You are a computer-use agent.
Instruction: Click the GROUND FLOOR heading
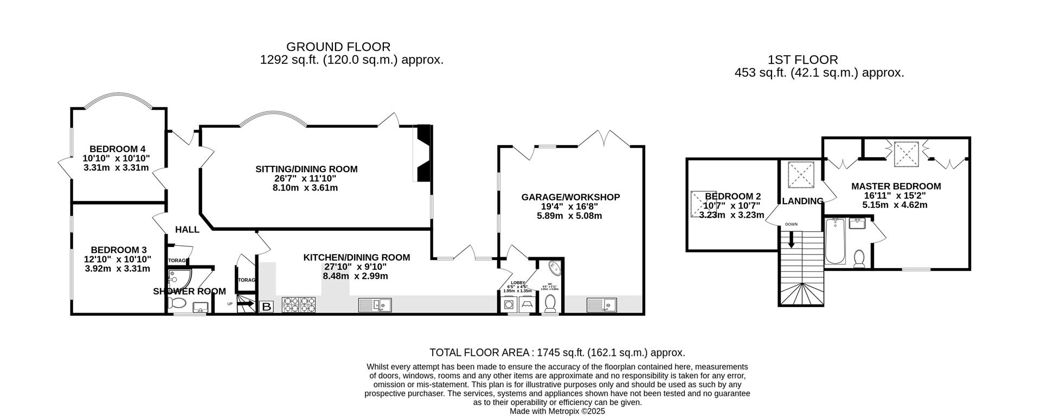click(338, 47)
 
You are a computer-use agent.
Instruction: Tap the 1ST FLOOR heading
click(802, 60)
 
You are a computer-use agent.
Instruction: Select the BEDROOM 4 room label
click(117, 149)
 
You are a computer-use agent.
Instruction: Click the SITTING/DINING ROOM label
click(306, 169)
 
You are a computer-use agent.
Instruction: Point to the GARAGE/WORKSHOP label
click(570, 197)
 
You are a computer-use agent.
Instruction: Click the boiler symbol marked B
click(267, 307)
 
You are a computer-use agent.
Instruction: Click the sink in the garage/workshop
click(602, 305)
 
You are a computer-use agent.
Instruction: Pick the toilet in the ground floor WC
click(550, 304)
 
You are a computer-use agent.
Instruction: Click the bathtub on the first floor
click(835, 240)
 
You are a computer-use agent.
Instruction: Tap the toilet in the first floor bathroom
click(859, 259)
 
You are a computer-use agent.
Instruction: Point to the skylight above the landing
click(799, 174)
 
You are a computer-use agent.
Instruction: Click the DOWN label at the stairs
click(791, 224)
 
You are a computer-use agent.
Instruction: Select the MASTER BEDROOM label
click(896, 186)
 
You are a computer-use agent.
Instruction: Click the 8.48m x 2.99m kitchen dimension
click(356, 276)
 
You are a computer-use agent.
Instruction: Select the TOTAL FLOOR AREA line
click(557, 353)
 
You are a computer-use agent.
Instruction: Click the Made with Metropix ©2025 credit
click(557, 411)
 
